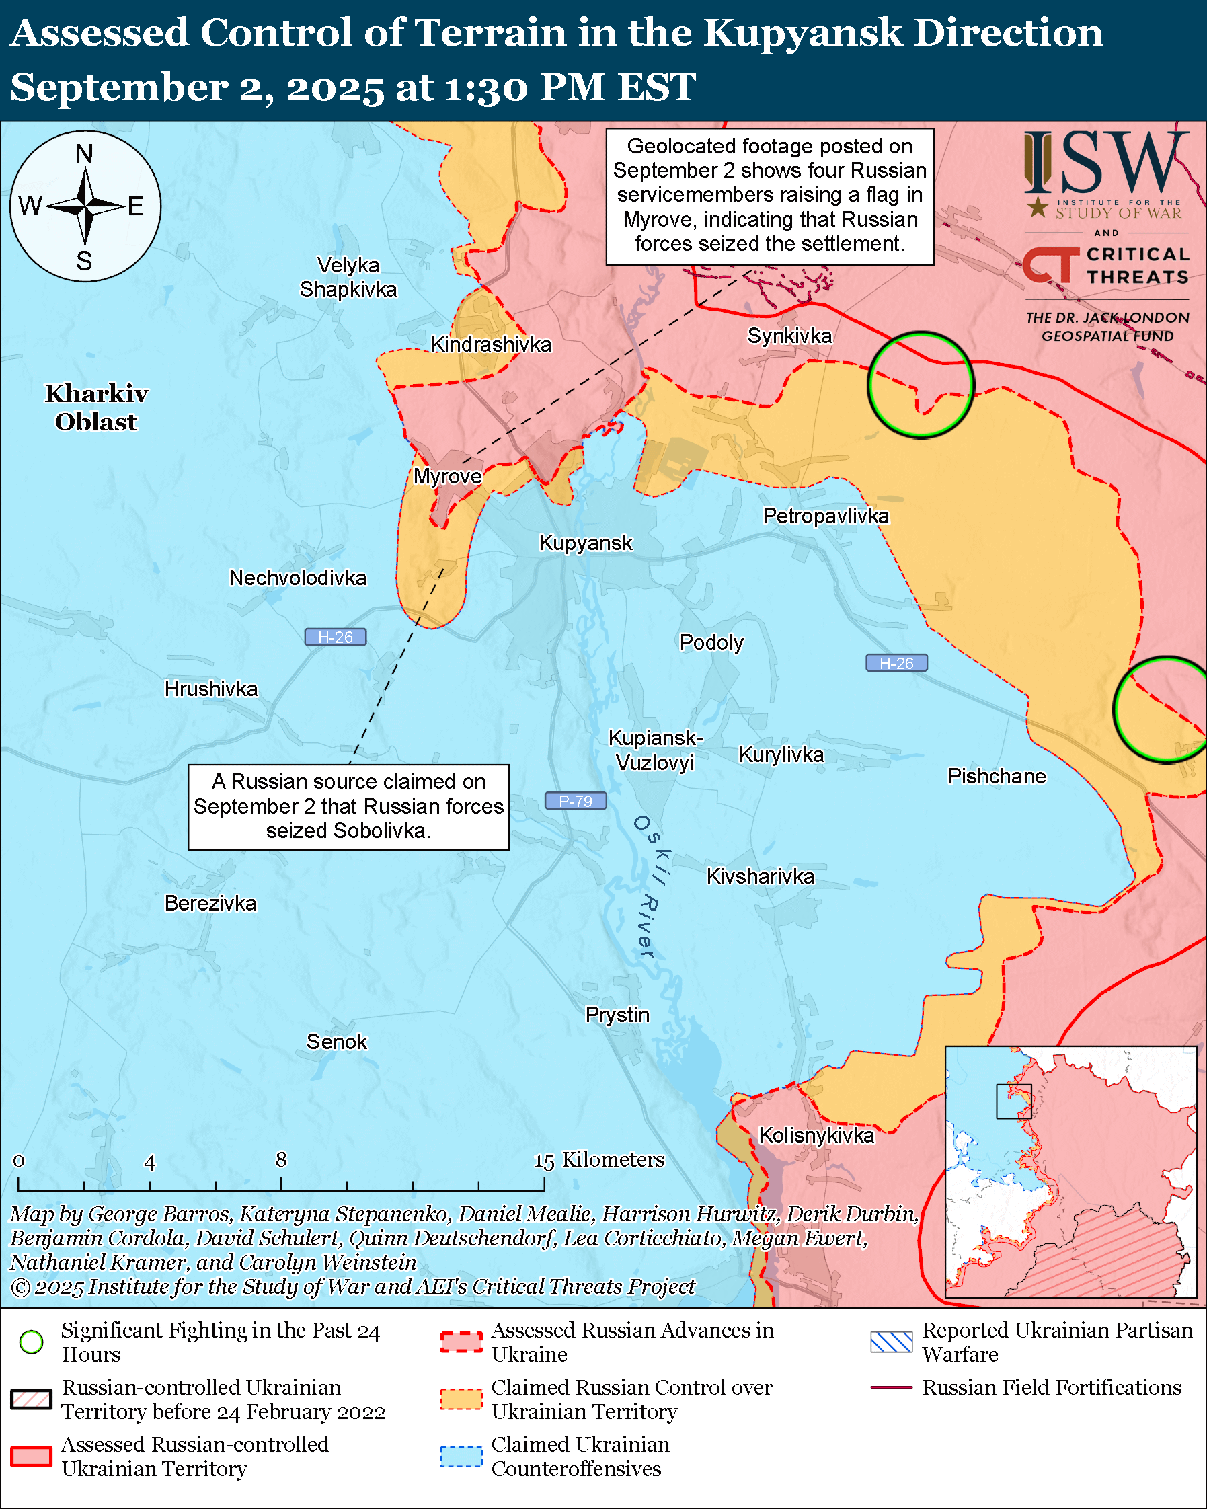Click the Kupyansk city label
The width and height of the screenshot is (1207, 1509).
coord(586,543)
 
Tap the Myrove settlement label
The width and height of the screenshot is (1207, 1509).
coord(447,477)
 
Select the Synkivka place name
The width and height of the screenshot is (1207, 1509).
coord(789,336)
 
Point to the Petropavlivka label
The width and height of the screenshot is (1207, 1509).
coord(826,516)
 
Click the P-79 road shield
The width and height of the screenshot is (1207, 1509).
coord(575,801)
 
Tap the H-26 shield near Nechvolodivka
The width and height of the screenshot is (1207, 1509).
coord(335,637)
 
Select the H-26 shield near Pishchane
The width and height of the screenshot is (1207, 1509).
coord(896,663)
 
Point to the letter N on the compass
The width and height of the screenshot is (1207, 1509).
coord(84,153)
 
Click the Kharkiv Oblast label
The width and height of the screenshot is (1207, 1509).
coord(97,408)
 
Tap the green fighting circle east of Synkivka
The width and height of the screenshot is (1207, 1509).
coord(920,385)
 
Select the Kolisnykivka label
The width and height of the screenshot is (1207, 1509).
coord(816,1135)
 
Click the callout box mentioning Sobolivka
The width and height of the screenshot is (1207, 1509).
coord(348,806)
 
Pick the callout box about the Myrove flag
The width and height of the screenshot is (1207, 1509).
coord(770,195)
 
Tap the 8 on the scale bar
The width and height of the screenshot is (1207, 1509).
coord(281,1161)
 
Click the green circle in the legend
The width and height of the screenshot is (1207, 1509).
coord(32,1342)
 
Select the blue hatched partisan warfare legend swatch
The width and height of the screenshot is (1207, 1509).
coord(892,1342)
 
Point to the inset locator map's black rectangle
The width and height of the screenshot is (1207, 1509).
coord(1013,1101)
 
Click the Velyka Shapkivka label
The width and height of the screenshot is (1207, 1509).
coord(348,277)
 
